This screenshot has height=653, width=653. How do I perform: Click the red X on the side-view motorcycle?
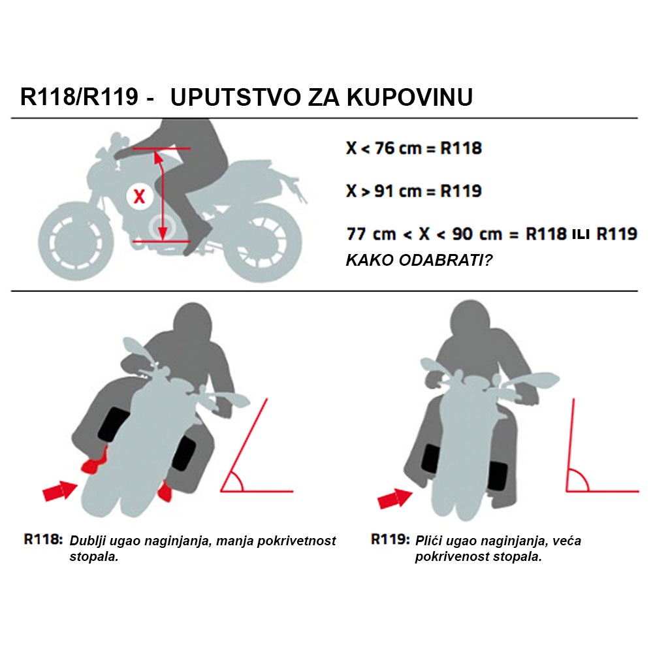pos(139,196)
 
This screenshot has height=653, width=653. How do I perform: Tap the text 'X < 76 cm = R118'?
pos(413,148)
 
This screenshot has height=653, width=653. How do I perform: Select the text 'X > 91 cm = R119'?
pos(413,191)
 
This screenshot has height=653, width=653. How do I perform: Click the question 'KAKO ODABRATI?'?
pos(419,260)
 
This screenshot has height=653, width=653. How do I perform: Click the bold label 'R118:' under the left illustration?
pos(43,540)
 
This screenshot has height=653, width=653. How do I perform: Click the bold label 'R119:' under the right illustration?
pos(390,540)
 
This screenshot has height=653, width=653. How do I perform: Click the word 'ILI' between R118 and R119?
pos(581,234)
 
